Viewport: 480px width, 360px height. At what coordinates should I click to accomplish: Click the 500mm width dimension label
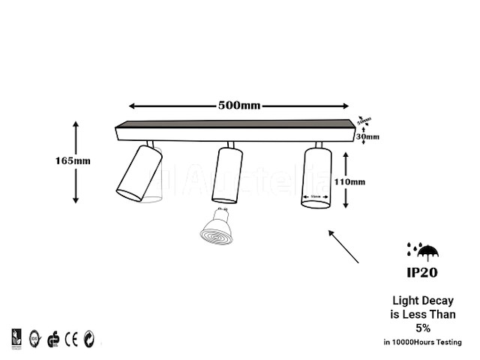pyautogui.click(x=239, y=105)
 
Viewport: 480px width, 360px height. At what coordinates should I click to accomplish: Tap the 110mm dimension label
pyautogui.click(x=349, y=181)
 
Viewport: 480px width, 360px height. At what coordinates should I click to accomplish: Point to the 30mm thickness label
pyautogui.click(x=367, y=136)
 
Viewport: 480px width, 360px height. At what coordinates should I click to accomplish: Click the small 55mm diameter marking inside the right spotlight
pyautogui.click(x=316, y=197)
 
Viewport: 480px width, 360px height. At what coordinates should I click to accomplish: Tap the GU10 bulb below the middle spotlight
pyautogui.click(x=216, y=226)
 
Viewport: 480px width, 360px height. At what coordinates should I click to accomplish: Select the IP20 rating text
pyautogui.click(x=422, y=273)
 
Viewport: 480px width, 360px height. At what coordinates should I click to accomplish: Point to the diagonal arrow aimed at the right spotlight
pyautogui.click(x=343, y=247)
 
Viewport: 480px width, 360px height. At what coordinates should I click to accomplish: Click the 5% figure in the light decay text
pyautogui.click(x=422, y=328)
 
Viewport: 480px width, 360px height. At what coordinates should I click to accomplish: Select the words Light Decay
pyautogui.click(x=423, y=301)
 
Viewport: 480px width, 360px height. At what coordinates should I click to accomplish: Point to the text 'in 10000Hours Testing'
pyautogui.click(x=422, y=342)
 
